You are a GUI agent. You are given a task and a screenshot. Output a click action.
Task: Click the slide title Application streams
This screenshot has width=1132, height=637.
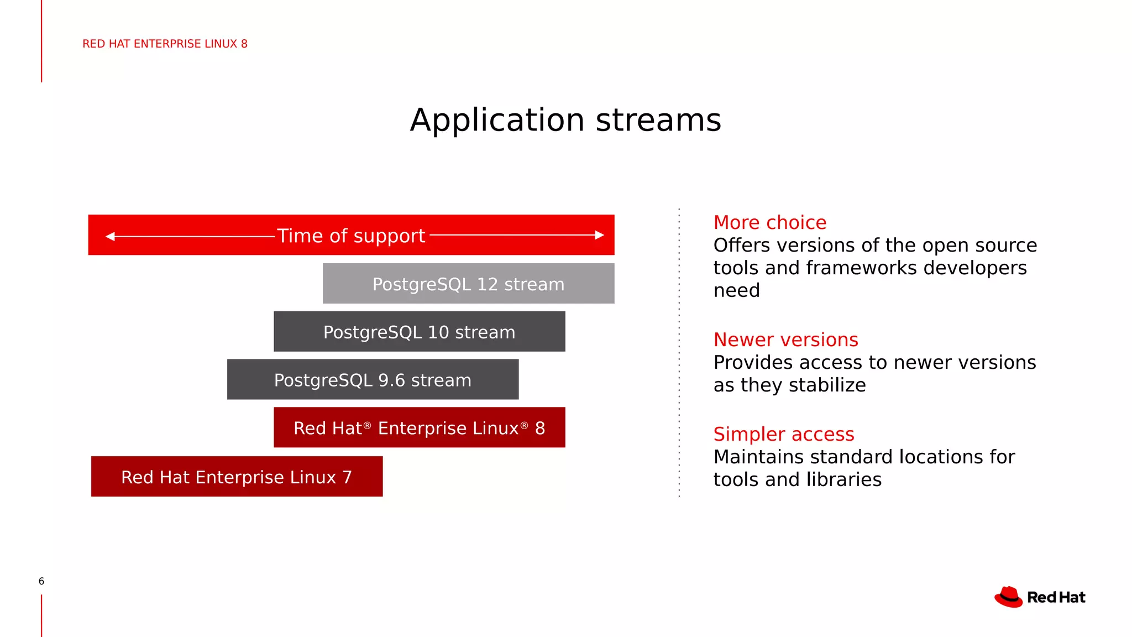click(x=565, y=120)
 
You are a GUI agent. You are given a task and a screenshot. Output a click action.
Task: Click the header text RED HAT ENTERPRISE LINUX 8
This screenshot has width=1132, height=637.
click(x=165, y=44)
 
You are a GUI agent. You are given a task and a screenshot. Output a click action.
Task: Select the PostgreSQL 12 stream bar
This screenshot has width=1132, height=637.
click(x=468, y=284)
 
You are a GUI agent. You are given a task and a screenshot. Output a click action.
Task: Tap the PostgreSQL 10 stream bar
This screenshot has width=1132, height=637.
click(x=419, y=332)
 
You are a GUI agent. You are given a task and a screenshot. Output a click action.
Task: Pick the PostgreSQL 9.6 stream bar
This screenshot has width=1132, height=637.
click(x=373, y=380)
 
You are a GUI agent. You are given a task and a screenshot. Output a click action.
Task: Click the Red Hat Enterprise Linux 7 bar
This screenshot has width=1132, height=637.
click(x=237, y=477)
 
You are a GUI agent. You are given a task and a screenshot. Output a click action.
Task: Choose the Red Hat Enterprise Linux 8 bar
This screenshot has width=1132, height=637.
click(x=419, y=427)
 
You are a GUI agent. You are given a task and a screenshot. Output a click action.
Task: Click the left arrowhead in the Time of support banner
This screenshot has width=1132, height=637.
click(x=110, y=236)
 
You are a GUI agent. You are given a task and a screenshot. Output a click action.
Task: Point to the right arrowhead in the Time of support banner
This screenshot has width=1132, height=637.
click(x=599, y=235)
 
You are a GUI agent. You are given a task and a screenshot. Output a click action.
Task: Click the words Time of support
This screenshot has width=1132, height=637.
click(x=351, y=236)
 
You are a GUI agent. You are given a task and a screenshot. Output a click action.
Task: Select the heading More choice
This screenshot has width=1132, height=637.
click(x=769, y=222)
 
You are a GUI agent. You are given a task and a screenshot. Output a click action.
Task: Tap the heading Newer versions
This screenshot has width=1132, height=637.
click(x=785, y=340)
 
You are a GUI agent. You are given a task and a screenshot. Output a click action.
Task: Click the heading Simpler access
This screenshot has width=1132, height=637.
click(x=783, y=434)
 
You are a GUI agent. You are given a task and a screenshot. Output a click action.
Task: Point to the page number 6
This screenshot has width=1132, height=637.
click(x=41, y=581)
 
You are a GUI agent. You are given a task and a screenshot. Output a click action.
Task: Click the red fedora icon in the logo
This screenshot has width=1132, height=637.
click(x=1009, y=597)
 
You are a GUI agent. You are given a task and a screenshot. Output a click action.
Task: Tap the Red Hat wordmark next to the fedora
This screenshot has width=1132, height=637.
click(x=1056, y=598)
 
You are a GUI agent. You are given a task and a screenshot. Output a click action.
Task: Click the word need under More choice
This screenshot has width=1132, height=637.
click(x=736, y=290)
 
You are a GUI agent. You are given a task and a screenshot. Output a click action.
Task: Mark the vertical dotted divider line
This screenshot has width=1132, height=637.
click(x=679, y=354)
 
